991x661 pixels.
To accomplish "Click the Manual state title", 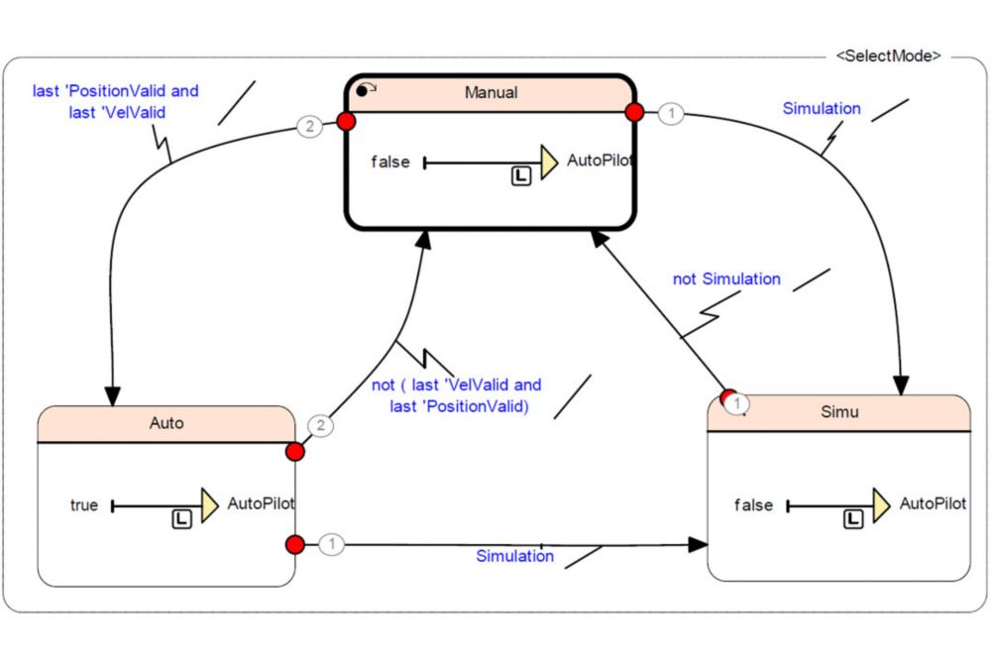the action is pyautogui.click(x=492, y=93).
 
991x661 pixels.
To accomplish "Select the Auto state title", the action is pyautogui.click(x=166, y=423).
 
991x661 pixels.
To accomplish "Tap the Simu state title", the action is pyautogui.click(x=839, y=412).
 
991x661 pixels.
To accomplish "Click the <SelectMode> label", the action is pyautogui.click(x=889, y=55).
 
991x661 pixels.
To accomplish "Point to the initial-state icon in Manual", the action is pyautogui.click(x=366, y=90).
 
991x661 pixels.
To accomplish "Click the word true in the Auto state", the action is pyautogui.click(x=84, y=504).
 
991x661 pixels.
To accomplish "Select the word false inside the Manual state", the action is pyautogui.click(x=389, y=162).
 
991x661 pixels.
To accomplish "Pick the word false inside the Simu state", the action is pyautogui.click(x=753, y=504).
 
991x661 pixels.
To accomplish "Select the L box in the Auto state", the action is pyautogui.click(x=181, y=519).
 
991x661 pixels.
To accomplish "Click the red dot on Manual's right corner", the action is pyautogui.click(x=634, y=113).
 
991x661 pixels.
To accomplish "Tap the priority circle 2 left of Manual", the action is pyautogui.click(x=309, y=127).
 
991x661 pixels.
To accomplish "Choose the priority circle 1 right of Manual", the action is pyautogui.click(x=671, y=114).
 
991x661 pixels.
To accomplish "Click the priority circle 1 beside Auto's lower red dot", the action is pyautogui.click(x=331, y=543).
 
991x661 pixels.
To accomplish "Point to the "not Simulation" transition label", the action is pyautogui.click(x=726, y=278).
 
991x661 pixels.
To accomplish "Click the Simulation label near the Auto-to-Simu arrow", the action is pyautogui.click(x=514, y=556).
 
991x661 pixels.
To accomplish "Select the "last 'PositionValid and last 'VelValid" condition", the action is pyautogui.click(x=116, y=102).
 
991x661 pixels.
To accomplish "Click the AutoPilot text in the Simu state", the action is pyautogui.click(x=933, y=503).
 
